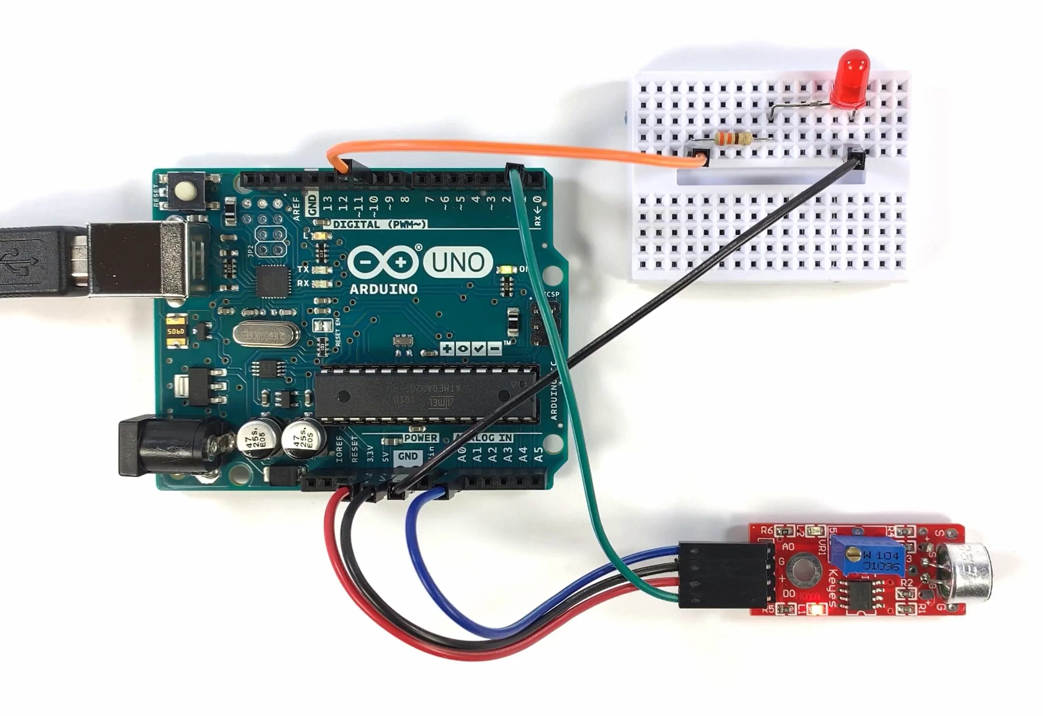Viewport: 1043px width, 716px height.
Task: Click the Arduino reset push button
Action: pos(187,193)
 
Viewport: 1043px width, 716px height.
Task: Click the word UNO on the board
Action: pos(458,262)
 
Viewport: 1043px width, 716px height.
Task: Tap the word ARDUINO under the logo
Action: pos(383,290)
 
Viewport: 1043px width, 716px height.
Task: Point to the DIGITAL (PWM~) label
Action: pos(379,224)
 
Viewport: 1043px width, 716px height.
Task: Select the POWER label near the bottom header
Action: pos(420,438)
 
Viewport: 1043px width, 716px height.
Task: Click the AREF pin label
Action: pos(296,208)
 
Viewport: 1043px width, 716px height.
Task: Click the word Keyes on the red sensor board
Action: pos(835,588)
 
